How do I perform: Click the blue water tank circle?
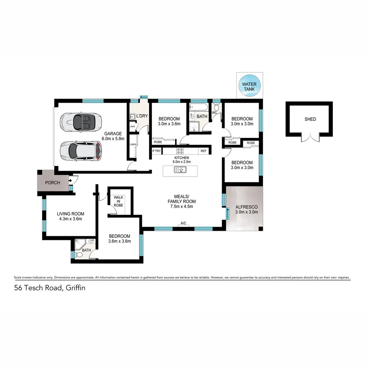pyautogui.click(x=249, y=86)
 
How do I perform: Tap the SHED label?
pyautogui.click(x=310, y=119)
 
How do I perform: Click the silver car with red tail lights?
pyautogui.click(x=81, y=150)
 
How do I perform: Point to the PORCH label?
pyautogui.click(x=53, y=183)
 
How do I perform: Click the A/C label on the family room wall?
pyautogui.click(x=183, y=223)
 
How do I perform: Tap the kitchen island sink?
pyautogui.click(x=180, y=170)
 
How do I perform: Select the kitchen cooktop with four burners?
pyautogui.click(x=180, y=151)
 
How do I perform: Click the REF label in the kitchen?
pyautogui.click(x=203, y=151)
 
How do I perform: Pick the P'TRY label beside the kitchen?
pyautogui.click(x=156, y=151)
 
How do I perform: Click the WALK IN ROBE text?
pyautogui.click(x=118, y=201)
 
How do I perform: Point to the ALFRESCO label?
pyautogui.click(x=246, y=207)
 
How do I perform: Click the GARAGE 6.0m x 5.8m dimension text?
pyautogui.click(x=114, y=136)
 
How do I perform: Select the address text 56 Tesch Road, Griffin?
pyautogui.click(x=49, y=288)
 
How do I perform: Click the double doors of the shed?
pyautogui.click(x=310, y=137)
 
